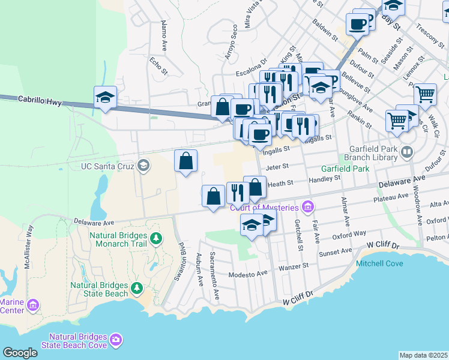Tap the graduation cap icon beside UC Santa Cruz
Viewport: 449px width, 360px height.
143,165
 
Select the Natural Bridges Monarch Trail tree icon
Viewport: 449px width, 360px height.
156,239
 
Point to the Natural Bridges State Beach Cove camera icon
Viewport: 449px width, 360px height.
116,340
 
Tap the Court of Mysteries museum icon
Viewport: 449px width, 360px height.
308,208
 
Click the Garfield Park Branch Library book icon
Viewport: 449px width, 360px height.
408,151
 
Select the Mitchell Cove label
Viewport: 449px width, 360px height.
379,263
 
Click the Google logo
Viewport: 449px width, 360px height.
20,353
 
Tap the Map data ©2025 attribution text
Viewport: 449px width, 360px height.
424,355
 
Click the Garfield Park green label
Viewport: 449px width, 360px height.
345,169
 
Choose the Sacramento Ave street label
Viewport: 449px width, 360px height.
214,268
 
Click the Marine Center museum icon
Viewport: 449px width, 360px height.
33,306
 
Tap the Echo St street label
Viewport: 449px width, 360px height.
157,65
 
